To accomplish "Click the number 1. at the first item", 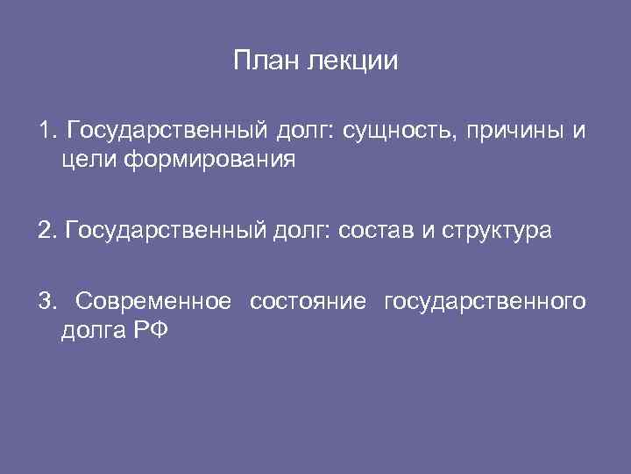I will pos(46,132).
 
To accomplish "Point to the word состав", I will pos(367,232).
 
